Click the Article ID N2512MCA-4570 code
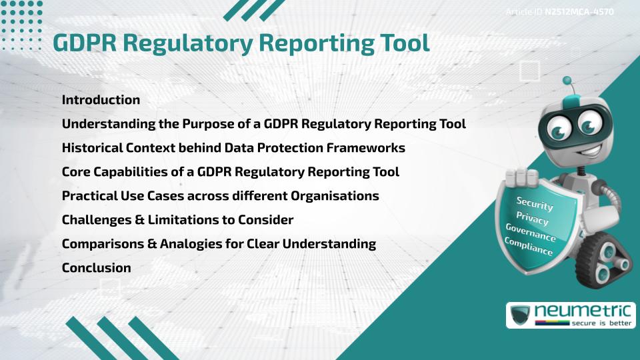579,12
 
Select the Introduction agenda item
101,100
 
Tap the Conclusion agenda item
96,268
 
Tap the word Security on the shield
535,204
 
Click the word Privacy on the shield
532,219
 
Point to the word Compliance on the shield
528,247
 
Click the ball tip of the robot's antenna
567,81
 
